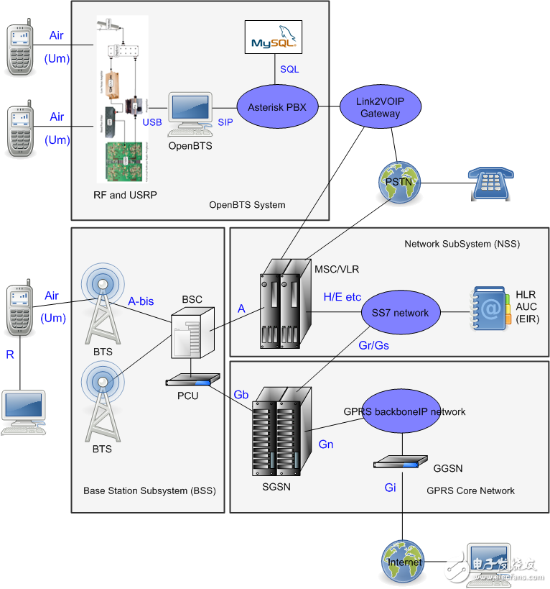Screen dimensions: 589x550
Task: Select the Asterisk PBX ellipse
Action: coord(277,107)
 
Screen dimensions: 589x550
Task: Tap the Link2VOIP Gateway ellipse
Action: coord(380,107)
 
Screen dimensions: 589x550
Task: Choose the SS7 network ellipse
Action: coord(400,312)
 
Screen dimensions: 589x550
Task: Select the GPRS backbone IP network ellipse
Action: coord(404,412)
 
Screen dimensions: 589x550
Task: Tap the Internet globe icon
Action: coord(404,562)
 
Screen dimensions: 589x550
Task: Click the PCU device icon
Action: coord(192,380)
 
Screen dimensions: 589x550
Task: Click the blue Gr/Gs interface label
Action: coord(374,345)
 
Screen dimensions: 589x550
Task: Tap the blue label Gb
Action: coord(241,395)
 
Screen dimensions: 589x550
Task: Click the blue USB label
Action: coord(152,122)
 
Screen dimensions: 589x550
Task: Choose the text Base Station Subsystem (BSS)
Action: coord(149,490)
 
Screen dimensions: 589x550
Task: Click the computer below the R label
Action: coord(23,412)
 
